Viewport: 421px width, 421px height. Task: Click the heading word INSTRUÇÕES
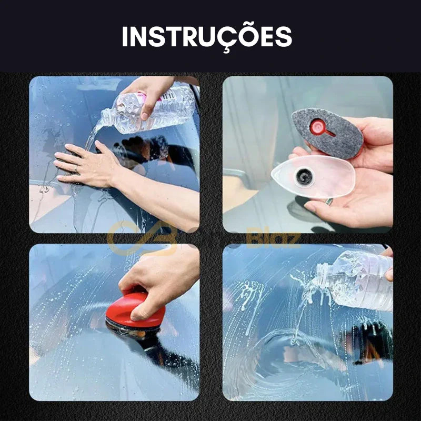207,37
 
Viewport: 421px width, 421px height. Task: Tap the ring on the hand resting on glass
75,170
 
